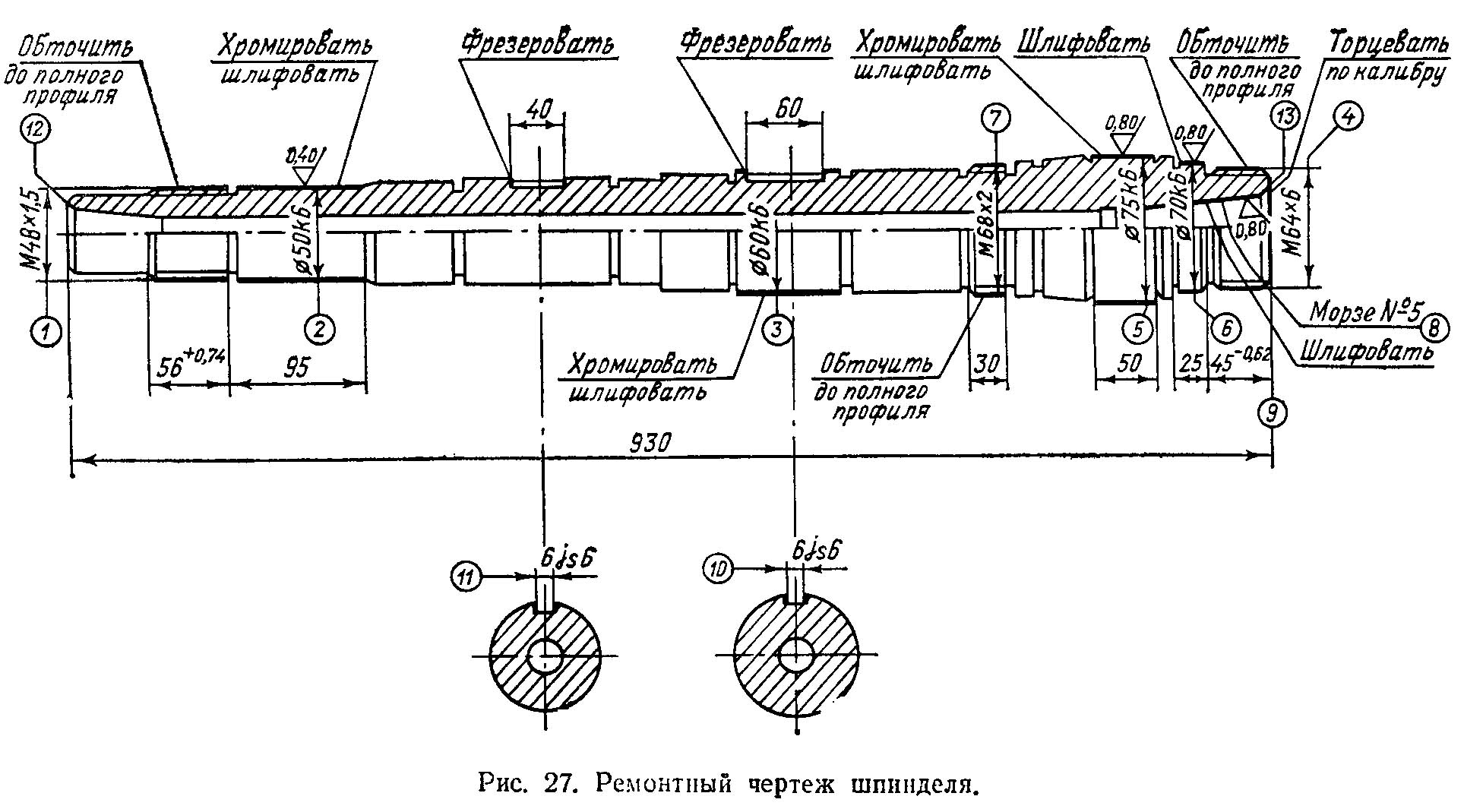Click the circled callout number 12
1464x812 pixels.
click(36, 131)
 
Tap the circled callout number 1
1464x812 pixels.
click(47, 331)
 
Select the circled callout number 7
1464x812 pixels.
click(996, 118)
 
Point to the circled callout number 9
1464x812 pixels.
click(1273, 412)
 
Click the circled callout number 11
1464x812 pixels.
click(466, 577)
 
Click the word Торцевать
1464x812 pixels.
click(1382, 44)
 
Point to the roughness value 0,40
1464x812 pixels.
click(302, 157)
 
